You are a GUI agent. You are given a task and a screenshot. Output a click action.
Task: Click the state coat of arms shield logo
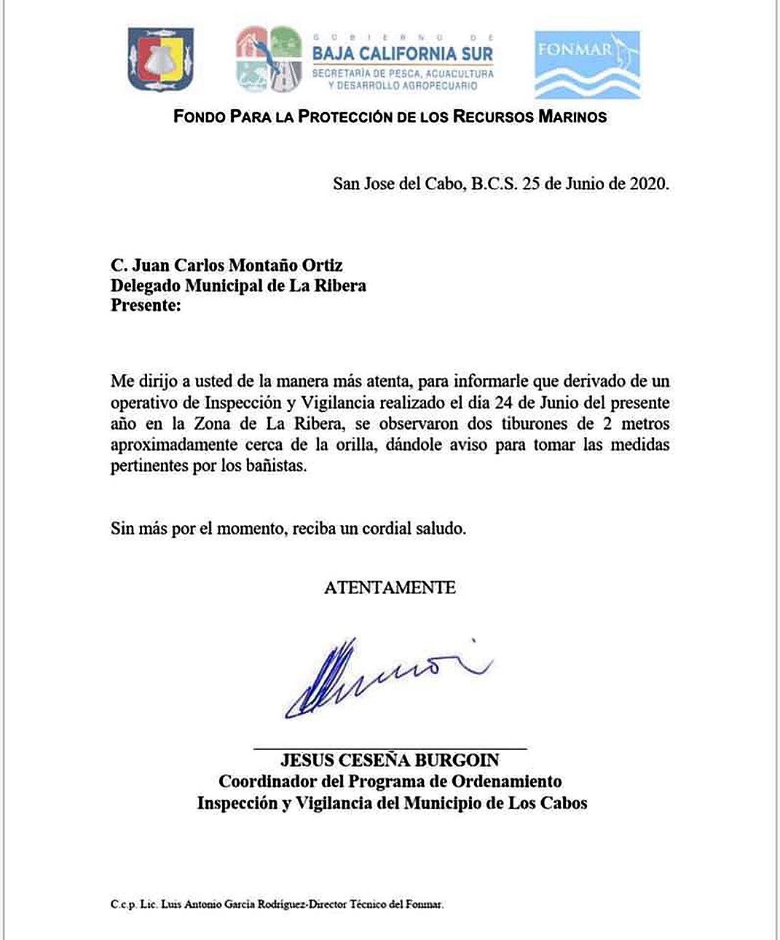[160, 60]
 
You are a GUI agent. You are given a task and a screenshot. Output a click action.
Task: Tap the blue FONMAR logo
[587, 64]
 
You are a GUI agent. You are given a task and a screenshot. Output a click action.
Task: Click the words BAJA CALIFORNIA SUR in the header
[403, 53]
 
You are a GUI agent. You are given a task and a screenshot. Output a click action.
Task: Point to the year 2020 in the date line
[647, 183]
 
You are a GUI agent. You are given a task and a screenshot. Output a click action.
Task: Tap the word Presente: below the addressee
[146, 305]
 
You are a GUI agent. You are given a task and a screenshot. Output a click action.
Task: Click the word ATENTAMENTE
[390, 588]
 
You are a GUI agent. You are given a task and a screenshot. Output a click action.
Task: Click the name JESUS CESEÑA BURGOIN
[390, 760]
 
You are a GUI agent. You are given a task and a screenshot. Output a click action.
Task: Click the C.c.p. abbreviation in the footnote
[123, 904]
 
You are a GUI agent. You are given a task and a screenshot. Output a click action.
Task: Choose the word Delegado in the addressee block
[146, 285]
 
